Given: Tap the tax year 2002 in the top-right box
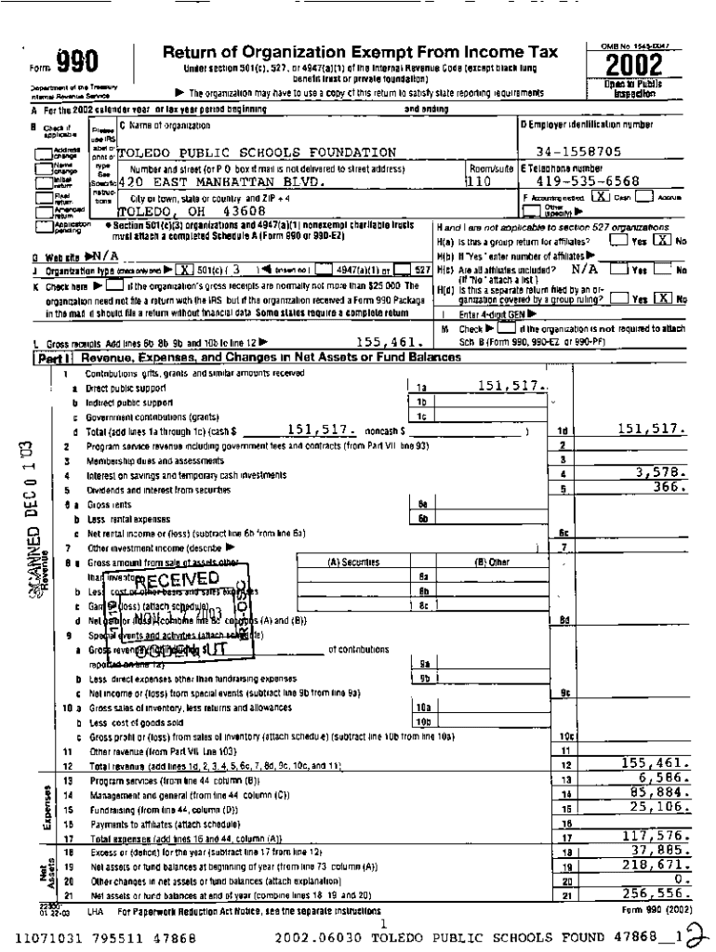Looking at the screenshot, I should (x=634, y=66).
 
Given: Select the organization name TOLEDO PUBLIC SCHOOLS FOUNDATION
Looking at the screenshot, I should (x=257, y=152).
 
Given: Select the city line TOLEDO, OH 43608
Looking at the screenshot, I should (x=185, y=212).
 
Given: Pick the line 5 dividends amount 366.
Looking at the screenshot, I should (x=670, y=485).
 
